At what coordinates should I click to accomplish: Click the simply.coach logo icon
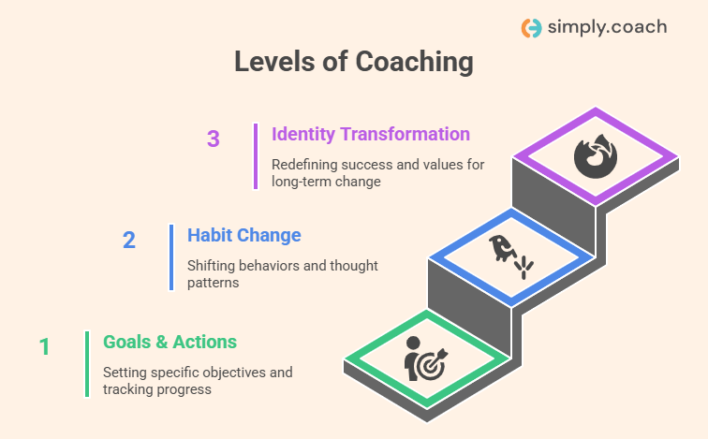[531, 28]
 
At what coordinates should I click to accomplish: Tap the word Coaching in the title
[414, 62]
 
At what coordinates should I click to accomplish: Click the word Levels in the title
[274, 62]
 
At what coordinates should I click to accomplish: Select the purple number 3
[214, 139]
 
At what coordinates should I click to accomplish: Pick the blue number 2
[129, 240]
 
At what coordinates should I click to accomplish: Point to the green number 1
[44, 346]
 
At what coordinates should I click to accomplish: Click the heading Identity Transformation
[371, 134]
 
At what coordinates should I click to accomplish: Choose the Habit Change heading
[244, 235]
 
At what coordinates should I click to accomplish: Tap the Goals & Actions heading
[170, 342]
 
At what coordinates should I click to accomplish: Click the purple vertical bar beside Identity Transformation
[256, 156]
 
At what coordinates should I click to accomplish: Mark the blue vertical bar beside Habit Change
[171, 257]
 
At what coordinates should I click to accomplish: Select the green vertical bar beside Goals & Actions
[87, 364]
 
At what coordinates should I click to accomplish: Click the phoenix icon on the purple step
[596, 155]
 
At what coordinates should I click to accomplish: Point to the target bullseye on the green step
[430, 365]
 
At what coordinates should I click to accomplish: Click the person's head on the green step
[413, 344]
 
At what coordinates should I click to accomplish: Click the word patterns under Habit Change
[214, 283]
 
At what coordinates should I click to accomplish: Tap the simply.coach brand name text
[607, 27]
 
